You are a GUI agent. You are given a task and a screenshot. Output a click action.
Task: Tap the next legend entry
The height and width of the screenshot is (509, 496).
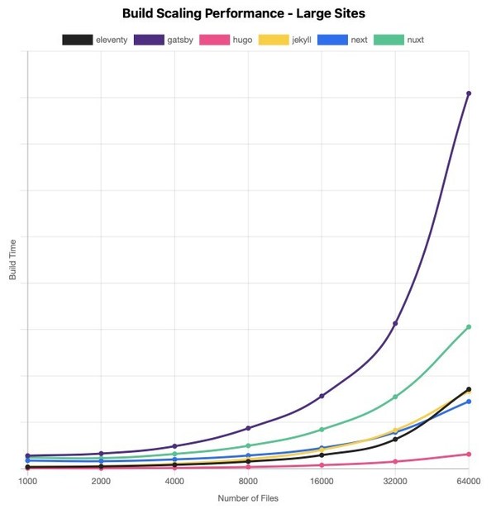click(342, 39)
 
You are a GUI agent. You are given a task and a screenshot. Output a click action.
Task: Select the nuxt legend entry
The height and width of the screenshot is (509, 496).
click(402, 39)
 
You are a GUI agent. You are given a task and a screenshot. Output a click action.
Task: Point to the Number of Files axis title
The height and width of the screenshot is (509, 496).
click(248, 498)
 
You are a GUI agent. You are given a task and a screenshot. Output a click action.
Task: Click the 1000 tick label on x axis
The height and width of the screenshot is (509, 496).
click(28, 480)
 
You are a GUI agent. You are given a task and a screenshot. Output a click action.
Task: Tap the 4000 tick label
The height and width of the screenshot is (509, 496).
click(174, 480)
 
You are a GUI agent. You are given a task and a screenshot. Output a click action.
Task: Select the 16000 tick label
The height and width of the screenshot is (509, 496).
click(322, 480)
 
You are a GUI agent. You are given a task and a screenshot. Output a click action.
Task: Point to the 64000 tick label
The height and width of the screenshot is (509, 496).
click(468, 480)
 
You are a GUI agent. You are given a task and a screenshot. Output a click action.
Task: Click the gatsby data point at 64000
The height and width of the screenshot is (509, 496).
click(469, 93)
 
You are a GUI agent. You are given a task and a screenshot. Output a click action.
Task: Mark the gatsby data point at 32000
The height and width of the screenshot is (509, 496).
click(395, 323)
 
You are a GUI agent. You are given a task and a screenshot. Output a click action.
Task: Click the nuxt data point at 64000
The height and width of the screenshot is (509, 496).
click(469, 327)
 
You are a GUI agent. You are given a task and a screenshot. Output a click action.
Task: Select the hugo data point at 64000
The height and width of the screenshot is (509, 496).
click(469, 454)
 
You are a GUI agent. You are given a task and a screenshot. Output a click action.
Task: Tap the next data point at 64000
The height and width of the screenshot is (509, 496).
click(469, 402)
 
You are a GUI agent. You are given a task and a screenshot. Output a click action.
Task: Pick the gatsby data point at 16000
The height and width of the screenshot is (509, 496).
click(322, 397)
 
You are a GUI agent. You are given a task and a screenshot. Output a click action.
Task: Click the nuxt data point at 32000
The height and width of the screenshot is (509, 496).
click(395, 397)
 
